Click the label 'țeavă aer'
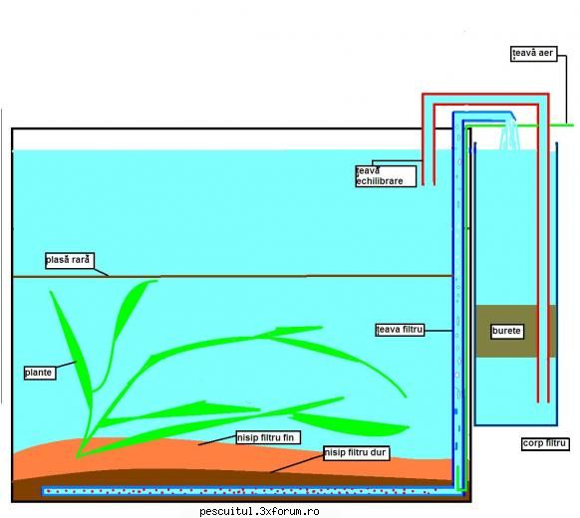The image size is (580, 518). pyautogui.click(x=533, y=54)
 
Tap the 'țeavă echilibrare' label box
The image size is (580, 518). pyautogui.click(x=386, y=176)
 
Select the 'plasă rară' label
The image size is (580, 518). pyautogui.click(x=69, y=260)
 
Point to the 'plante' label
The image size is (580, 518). pyautogui.click(x=40, y=373)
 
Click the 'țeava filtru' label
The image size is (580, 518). pyautogui.click(x=400, y=330)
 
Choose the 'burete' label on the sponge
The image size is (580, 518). pyautogui.click(x=507, y=331)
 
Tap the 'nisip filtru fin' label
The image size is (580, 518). pyautogui.click(x=268, y=437)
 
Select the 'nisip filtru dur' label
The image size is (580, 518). pyautogui.click(x=356, y=453)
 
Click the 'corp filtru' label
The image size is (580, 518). pyautogui.click(x=545, y=443)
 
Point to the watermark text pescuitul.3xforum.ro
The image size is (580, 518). pyautogui.click(x=259, y=511)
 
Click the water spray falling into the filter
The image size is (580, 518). pyautogui.click(x=510, y=134)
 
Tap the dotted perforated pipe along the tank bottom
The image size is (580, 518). pyautogui.click(x=251, y=491)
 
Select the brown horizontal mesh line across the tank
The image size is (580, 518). pyautogui.click(x=232, y=276)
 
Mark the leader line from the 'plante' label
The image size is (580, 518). pyautogui.click(x=66, y=365)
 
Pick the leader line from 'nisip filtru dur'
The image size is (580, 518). pyautogui.click(x=297, y=464)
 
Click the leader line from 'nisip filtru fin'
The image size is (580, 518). pyautogui.click(x=217, y=440)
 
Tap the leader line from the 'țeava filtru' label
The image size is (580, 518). pyautogui.click(x=438, y=330)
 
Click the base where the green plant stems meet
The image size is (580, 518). pyautogui.click(x=79, y=456)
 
